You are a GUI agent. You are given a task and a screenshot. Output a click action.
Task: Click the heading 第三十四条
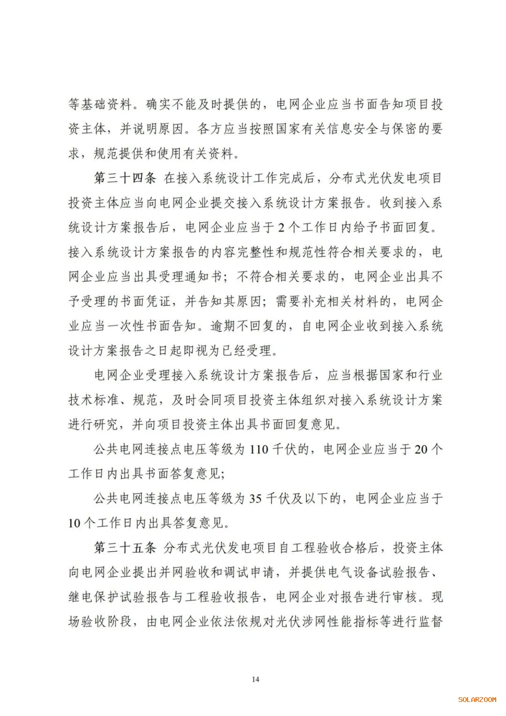(x=125, y=179)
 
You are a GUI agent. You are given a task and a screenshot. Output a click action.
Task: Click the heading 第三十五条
(x=125, y=548)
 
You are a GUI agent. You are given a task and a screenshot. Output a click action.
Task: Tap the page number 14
(x=255, y=679)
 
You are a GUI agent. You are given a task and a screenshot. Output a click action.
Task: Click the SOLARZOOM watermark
(x=477, y=700)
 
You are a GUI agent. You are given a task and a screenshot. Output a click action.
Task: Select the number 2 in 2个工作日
(x=281, y=228)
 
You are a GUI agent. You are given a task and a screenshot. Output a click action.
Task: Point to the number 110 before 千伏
(x=259, y=450)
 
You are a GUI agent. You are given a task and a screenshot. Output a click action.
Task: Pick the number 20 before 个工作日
(x=421, y=450)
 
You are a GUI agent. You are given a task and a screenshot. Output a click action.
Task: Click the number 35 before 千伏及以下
(x=255, y=498)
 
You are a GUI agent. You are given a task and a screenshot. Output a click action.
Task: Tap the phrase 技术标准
(x=93, y=400)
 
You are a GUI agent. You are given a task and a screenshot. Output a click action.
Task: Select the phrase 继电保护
(x=93, y=597)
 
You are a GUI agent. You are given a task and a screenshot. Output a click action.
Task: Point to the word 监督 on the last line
(x=431, y=622)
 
